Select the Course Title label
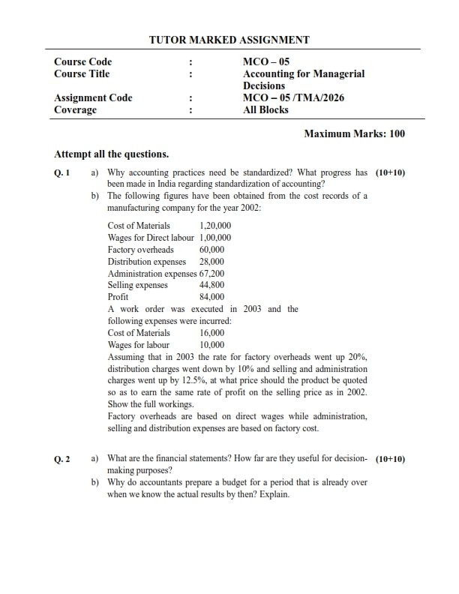82,73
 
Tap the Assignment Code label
93,97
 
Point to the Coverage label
75,109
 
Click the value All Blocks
265,109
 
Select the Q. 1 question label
62,172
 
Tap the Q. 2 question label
62,458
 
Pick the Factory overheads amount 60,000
211,250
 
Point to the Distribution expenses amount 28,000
211,262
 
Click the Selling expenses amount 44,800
211,285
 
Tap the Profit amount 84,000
211,297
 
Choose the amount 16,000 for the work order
211,332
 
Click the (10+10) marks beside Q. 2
390,458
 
